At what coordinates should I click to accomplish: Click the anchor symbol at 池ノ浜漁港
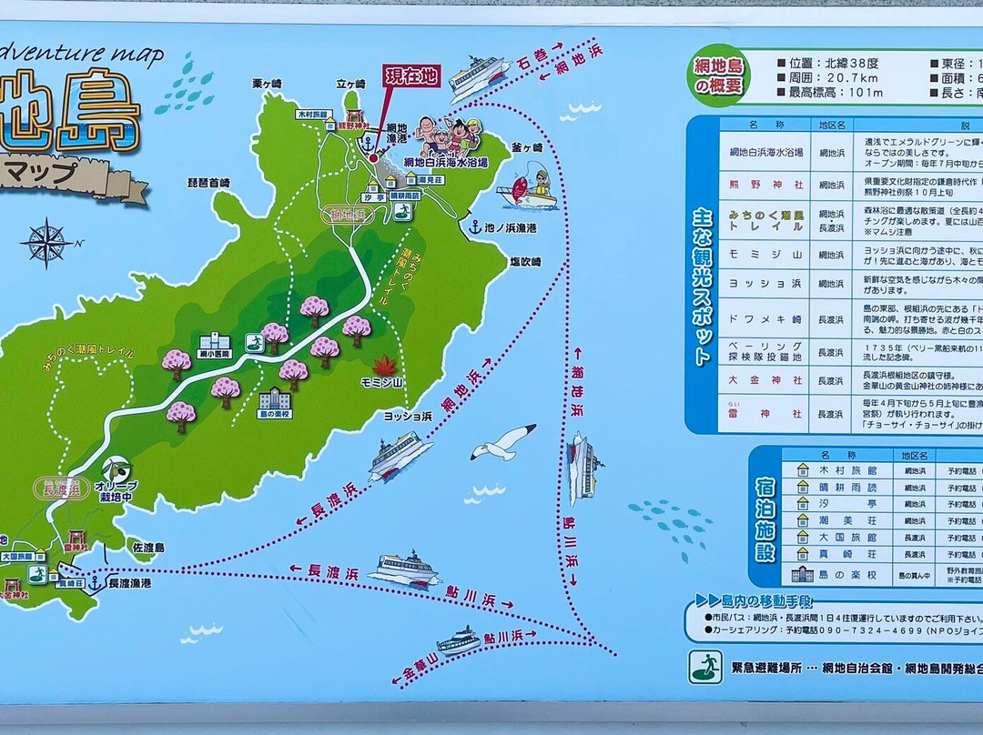tap(474, 227)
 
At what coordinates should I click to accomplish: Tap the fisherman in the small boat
tap(528, 186)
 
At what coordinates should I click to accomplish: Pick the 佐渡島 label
tap(147, 548)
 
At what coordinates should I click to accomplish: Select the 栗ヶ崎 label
tap(268, 84)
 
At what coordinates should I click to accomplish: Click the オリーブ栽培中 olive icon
tap(116, 468)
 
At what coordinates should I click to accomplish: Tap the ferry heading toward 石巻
tap(478, 77)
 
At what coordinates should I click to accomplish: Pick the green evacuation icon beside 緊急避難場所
tap(705, 666)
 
